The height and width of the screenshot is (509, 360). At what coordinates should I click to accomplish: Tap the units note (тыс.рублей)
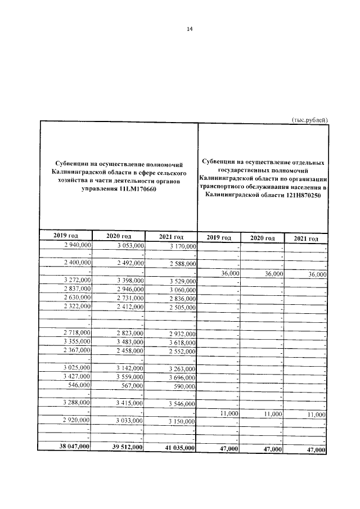(309, 119)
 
